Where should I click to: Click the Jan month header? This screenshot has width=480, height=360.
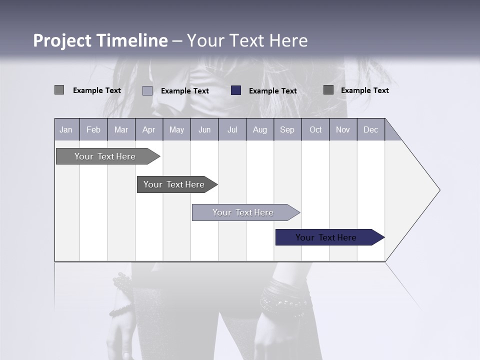click(66, 129)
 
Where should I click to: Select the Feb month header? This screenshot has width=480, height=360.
click(93, 129)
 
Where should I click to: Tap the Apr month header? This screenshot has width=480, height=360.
click(149, 129)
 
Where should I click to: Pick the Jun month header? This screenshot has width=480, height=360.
click(204, 129)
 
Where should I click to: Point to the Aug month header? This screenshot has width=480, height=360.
click(260, 129)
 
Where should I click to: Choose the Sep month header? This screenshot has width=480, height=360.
click(287, 129)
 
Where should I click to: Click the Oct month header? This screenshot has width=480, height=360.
click(315, 129)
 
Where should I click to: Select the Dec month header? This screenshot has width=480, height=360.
click(371, 129)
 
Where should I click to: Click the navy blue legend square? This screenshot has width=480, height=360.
click(236, 90)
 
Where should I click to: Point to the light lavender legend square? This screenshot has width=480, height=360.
click(147, 90)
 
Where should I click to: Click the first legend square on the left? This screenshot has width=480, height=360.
click(59, 90)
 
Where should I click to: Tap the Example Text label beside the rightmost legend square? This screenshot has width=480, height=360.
click(364, 90)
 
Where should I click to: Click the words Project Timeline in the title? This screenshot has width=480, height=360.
click(100, 40)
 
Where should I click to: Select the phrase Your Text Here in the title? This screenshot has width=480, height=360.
click(247, 40)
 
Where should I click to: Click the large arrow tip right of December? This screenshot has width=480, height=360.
click(415, 190)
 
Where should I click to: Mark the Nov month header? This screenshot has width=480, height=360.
click(343, 129)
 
